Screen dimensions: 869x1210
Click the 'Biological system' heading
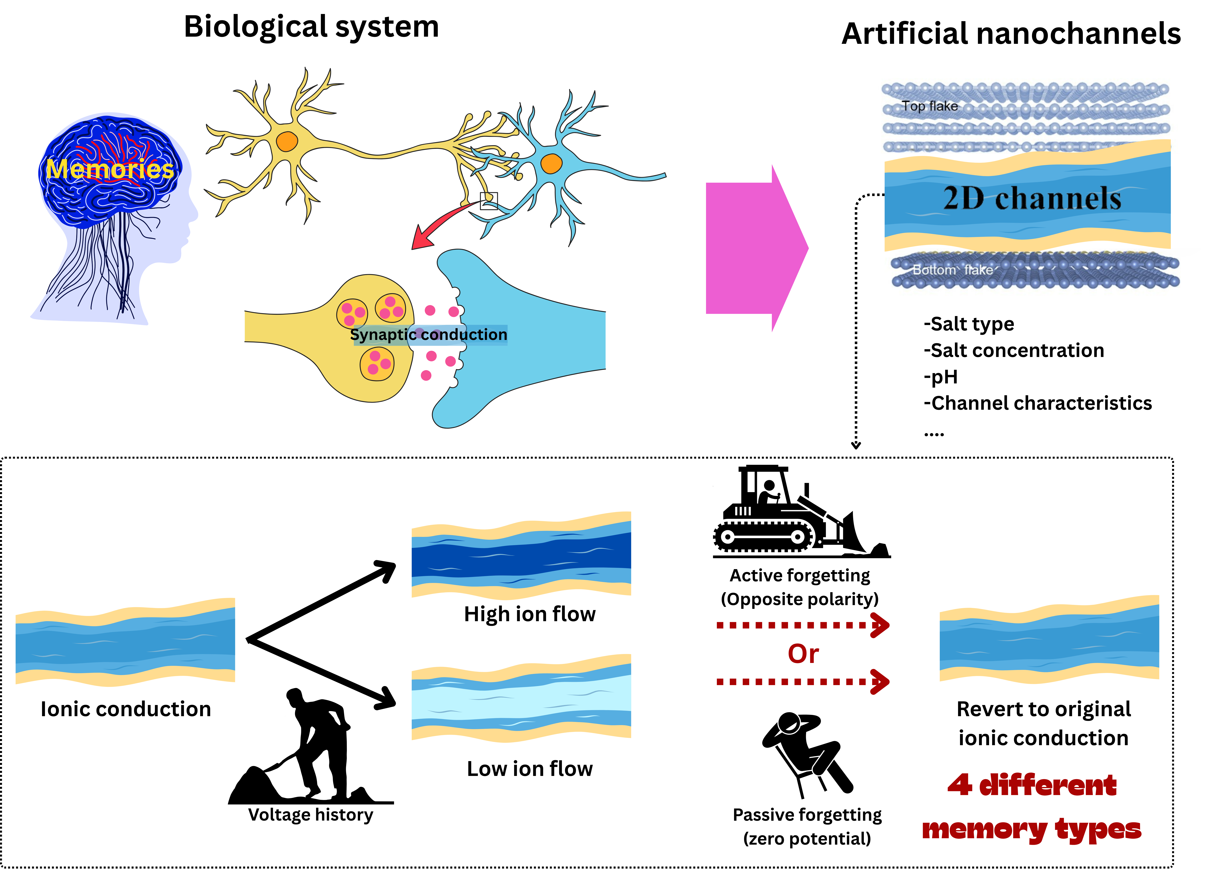pos(311,27)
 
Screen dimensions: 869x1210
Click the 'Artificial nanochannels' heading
pos(1011,34)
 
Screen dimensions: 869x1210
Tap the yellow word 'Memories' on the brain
pos(109,169)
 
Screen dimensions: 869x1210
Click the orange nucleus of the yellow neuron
pos(287,141)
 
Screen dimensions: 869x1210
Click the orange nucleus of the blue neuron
pos(551,163)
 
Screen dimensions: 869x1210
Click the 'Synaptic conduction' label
pos(428,335)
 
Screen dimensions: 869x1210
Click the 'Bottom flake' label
pos(952,270)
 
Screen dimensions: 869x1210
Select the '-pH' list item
pos(941,377)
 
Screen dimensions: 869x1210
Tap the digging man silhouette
pos(315,747)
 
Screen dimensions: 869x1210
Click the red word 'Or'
pos(803,654)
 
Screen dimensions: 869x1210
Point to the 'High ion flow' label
pos(529,614)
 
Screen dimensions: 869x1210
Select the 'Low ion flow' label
pos(529,769)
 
